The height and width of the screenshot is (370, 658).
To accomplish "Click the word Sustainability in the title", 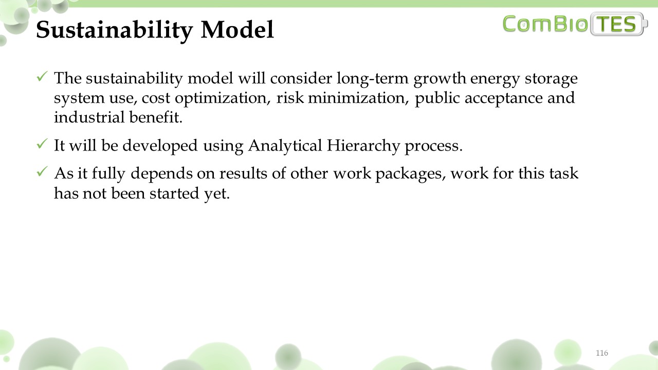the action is coord(114,30).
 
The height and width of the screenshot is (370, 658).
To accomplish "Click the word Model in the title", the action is coord(237,30).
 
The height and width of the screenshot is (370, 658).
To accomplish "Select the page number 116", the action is coord(602,353).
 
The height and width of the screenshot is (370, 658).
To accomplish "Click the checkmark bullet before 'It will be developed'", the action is coord(42,143).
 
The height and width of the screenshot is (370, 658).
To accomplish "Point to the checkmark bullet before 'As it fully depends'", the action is coord(42,172).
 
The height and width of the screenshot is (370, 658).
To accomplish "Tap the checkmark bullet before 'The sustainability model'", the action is coord(42,77).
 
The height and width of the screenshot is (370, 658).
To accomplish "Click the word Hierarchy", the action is coord(363,145).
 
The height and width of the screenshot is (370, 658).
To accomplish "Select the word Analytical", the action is coord(285,145).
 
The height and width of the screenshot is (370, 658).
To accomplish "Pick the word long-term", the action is coord(373,79).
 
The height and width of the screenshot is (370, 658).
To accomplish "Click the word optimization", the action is coord(223,98).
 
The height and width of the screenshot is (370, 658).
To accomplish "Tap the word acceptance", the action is coord(503,98).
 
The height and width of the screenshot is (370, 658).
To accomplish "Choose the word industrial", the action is coord(89,117).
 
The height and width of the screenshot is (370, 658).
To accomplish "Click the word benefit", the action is coord(156,117).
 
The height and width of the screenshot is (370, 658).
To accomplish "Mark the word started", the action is coord(174,194).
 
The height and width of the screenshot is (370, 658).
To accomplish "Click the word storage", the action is coord(551,79).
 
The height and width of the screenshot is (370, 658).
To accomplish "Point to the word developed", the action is coord(160,145).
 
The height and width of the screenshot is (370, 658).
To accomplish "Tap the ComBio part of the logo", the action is coord(545,24).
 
